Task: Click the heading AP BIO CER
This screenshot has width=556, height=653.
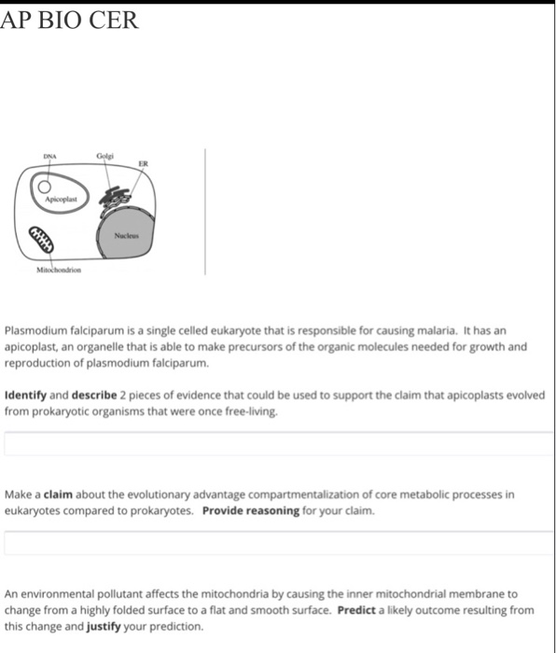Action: click(x=70, y=20)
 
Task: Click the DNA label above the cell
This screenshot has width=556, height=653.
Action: click(x=49, y=157)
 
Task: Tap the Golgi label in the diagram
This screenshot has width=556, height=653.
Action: click(x=104, y=155)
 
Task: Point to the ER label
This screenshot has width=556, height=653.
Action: click(x=143, y=163)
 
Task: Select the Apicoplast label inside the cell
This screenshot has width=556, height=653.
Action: click(x=62, y=201)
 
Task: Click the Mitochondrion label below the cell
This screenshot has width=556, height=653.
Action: click(x=59, y=270)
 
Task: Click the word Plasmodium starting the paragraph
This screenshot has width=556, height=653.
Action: click(x=33, y=331)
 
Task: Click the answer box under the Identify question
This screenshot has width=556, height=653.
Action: click(x=278, y=443)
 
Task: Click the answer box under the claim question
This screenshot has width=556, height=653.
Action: click(x=278, y=543)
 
